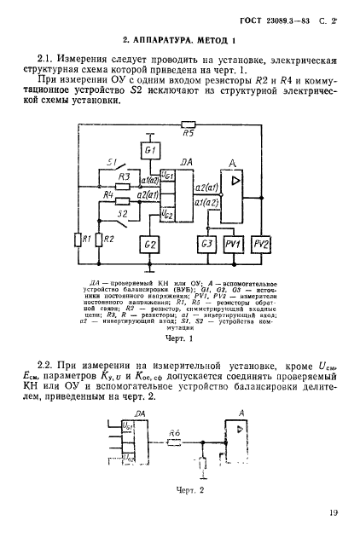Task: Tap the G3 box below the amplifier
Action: click(207, 246)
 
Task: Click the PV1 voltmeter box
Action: click(233, 246)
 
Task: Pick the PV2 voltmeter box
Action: click(261, 246)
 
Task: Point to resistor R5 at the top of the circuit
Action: click(189, 124)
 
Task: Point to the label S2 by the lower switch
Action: click(124, 214)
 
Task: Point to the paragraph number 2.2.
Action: click(55, 364)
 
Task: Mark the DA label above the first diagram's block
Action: click(186, 161)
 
